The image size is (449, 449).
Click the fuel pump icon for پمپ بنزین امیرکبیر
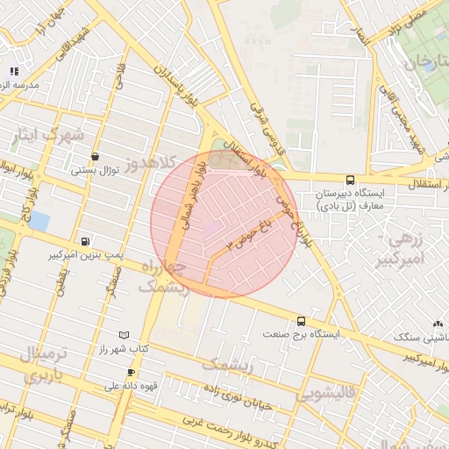coord(84,241)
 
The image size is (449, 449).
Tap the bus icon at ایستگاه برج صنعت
coord(302,321)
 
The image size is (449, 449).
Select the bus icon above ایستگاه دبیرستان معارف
coord(351,179)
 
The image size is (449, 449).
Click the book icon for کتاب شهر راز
coord(124,335)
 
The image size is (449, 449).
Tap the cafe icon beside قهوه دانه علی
coord(131,373)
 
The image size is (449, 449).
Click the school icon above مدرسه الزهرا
coord(13,71)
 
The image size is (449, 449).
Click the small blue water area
coord(38,221)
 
